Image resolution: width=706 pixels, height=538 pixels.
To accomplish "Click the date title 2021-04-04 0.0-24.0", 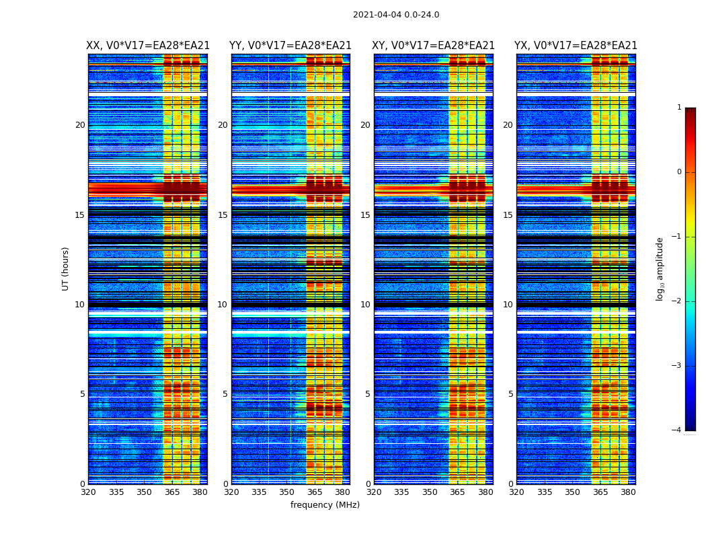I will (396, 15).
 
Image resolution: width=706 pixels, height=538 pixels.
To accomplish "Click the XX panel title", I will (148, 46).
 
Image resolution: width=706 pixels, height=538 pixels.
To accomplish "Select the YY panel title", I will (290, 46).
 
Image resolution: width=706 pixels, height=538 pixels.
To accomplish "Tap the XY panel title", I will (434, 46).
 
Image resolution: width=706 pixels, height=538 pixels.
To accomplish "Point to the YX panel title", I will (576, 46).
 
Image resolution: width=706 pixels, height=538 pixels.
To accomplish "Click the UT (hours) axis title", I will (66, 268).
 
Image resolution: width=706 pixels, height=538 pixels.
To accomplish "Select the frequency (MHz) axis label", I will (325, 505).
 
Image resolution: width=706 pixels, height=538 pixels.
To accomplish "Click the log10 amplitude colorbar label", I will (660, 268).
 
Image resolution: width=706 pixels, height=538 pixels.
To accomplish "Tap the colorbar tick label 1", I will (679, 108).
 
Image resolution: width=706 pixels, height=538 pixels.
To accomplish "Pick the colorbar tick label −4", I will (678, 430).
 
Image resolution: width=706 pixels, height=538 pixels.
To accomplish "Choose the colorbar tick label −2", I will (678, 301).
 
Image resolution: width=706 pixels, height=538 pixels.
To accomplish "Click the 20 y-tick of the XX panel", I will (80, 125).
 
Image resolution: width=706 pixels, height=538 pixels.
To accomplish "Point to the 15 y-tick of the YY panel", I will (223, 215).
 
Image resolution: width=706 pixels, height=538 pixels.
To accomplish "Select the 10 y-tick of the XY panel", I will (365, 305).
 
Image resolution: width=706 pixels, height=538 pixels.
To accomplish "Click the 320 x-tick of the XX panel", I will (88, 492).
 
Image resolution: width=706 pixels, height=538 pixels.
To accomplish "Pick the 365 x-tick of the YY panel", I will (315, 492).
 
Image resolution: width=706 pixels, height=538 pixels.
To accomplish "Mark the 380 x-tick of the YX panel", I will (628, 492).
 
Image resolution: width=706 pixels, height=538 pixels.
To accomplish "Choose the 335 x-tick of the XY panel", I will (402, 492).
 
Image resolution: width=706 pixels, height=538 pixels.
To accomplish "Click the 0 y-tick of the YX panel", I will (510, 484).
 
